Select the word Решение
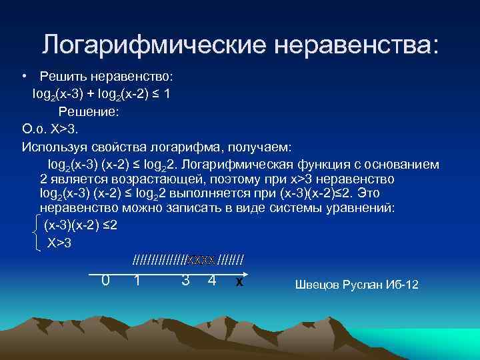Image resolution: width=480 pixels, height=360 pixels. click(88, 112)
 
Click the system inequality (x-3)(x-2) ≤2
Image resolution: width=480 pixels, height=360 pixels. click(81, 225)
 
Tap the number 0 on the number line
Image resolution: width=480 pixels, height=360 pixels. click(105, 281)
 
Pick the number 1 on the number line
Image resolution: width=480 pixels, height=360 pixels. click(137, 281)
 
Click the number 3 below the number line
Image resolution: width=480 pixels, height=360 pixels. click(185, 281)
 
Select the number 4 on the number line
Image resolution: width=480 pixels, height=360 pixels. click(211, 281)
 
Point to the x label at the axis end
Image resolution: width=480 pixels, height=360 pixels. click(238, 283)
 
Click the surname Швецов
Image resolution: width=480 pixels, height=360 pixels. click(317, 285)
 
